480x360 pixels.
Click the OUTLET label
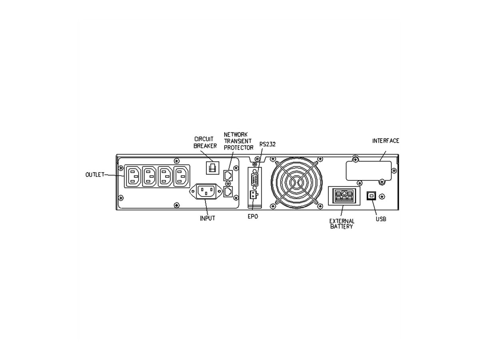[94, 174]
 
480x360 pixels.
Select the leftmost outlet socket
[134, 176]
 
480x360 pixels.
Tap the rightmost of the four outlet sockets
[182, 176]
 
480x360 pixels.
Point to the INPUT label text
[207, 218]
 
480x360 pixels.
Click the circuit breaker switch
[212, 167]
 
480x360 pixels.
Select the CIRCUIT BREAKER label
[205, 143]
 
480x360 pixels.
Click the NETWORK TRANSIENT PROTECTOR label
[238, 141]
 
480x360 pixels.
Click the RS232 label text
[267, 144]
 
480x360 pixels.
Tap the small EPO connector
[253, 195]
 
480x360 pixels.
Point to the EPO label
[253, 216]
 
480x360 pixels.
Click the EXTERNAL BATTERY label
[341, 224]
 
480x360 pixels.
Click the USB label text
[381, 219]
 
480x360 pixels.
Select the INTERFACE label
[386, 141]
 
